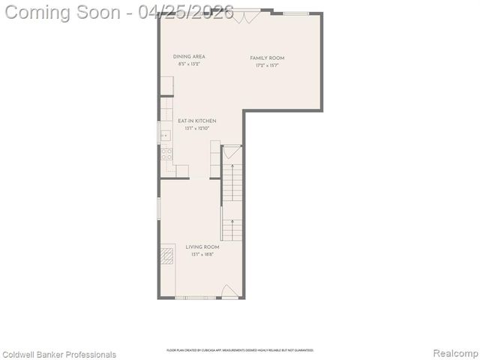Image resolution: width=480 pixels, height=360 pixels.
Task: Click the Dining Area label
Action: [189, 56]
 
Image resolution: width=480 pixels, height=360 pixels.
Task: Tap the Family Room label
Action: [267, 58]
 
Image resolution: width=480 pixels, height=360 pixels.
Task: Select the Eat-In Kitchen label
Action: [196, 121]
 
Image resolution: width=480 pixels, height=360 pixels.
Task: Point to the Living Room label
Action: [202, 247]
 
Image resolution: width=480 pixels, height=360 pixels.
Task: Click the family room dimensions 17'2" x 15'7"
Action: [267, 65]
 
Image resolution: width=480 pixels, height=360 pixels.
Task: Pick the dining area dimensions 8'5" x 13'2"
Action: [189, 64]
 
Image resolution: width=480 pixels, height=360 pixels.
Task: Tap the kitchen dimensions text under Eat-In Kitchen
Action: [196, 128]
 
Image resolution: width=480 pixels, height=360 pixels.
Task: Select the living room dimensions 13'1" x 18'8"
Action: [202, 254]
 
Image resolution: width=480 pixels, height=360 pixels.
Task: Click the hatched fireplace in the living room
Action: [166, 255]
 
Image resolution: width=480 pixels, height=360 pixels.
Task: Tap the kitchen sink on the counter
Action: [165, 135]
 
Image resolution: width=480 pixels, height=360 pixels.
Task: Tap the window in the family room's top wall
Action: [296, 13]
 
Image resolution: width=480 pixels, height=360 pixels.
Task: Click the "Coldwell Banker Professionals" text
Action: [59, 354]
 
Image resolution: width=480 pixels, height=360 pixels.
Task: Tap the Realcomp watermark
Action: [456, 353]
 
